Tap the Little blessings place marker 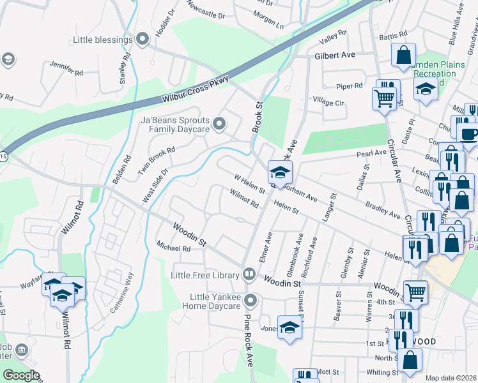point(143,40)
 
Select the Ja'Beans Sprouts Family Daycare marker point(220,124)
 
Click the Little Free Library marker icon point(249,275)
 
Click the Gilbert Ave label point(334,56)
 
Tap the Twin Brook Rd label point(156,161)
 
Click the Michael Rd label point(173,248)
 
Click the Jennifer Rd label point(66,70)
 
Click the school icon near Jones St point(289,327)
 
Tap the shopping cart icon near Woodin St point(415,291)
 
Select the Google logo point(21,375)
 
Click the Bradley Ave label point(382,211)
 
